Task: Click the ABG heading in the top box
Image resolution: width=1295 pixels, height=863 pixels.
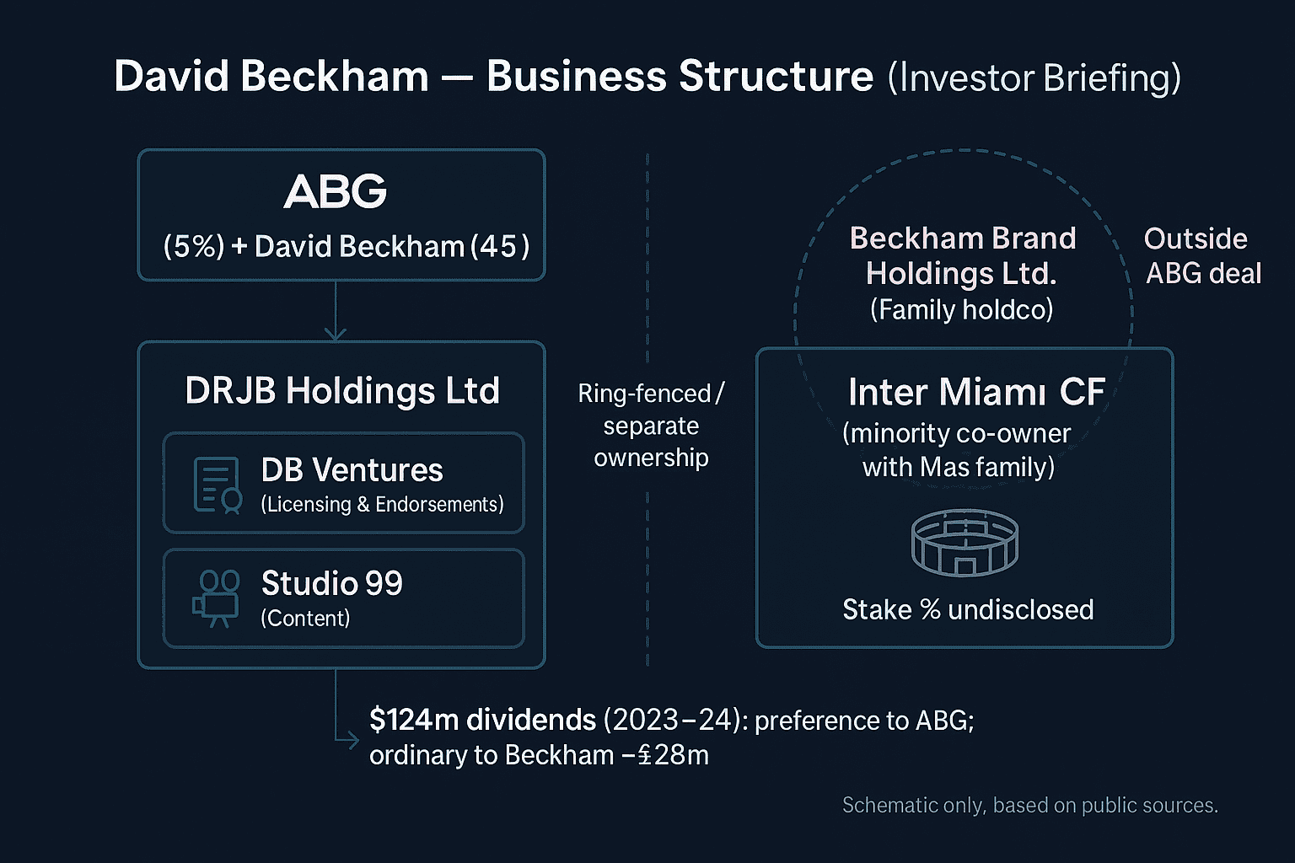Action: coord(335,192)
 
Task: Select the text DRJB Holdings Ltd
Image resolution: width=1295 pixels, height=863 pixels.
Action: coord(342,391)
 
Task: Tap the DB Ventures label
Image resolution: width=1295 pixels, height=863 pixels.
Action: coord(352,470)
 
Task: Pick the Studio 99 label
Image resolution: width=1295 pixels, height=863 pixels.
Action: coord(332,583)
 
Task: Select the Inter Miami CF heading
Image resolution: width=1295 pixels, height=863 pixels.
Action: coord(975,392)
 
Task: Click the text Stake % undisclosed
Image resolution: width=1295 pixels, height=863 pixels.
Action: coord(968,609)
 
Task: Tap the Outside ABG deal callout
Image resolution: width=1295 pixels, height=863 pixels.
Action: coord(1201,256)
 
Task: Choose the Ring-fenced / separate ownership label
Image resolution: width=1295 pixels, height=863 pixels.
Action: coord(651,426)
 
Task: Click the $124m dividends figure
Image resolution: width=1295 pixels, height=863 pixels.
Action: coord(482,720)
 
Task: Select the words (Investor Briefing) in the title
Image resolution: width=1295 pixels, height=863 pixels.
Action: coord(1034,78)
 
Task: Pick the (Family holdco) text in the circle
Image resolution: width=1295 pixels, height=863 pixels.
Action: coord(961,310)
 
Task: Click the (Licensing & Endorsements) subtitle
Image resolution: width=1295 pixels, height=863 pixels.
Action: coord(382,505)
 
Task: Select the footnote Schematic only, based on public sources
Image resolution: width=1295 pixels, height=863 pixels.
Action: coord(1029,806)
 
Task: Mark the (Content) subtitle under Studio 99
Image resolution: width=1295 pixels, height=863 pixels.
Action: coord(305,619)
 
